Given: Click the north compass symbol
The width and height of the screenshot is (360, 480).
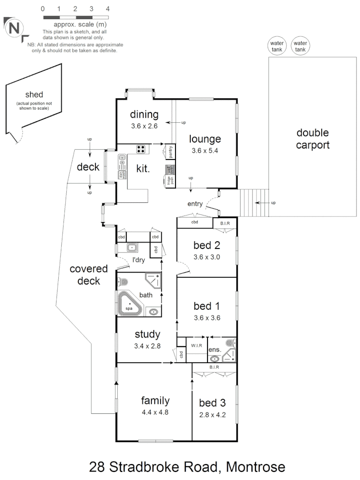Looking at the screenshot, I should tap(15, 28).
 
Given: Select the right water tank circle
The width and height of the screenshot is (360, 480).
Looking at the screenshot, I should tap(300, 46).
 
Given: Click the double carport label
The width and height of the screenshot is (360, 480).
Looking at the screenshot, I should tap(313, 139).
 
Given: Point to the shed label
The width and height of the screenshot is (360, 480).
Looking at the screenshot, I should tap(34, 94).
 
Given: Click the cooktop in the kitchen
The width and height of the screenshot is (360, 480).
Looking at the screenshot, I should tap(141, 149).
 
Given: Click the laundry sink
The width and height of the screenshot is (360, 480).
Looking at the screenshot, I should tap(132, 248).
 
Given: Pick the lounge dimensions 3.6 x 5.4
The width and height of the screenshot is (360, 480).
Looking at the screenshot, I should tap(205, 150).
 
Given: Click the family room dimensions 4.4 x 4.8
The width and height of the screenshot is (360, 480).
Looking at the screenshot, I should tap(155, 412).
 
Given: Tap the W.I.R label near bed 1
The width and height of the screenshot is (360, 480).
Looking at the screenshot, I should tap(197, 345).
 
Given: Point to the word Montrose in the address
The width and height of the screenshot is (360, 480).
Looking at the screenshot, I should tap(255, 467).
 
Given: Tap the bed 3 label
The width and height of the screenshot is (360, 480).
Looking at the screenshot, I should tap(212, 403).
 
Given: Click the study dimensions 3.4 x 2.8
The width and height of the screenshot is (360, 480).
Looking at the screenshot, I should tap(147, 345).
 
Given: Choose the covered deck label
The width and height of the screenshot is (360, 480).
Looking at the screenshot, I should tap(88, 275).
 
